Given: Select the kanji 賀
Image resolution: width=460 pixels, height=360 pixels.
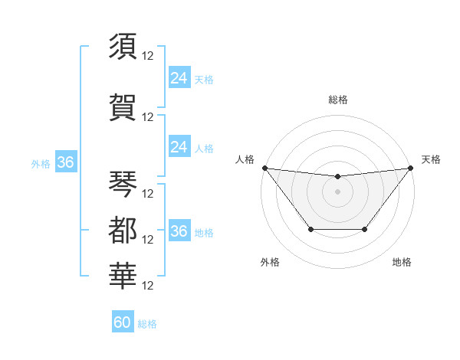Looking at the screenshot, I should click(123, 107).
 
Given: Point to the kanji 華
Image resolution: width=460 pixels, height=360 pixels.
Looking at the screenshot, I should click(123, 275).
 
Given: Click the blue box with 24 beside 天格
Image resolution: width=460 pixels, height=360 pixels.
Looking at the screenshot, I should click(179, 78).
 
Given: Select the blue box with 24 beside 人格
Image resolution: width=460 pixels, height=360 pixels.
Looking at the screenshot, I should click(179, 147).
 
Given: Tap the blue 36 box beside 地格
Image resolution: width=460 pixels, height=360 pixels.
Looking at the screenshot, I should click(179, 231).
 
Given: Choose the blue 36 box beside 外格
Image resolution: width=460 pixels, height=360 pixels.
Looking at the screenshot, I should click(65, 162).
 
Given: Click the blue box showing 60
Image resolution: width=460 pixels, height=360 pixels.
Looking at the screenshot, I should click(123, 322).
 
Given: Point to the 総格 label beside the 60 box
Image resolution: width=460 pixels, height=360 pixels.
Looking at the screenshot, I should click(147, 324).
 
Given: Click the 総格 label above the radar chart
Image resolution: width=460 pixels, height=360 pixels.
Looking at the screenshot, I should click(337, 100).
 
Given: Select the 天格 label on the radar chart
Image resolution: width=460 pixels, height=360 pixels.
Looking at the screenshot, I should click(431, 159).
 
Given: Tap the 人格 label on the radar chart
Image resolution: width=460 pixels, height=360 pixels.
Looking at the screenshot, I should click(245, 159).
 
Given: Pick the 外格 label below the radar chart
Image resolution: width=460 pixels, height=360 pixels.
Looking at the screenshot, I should click(270, 262).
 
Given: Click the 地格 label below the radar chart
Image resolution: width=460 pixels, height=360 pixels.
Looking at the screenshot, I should click(402, 262).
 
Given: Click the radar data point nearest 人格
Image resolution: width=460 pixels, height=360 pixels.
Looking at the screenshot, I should click(264, 168).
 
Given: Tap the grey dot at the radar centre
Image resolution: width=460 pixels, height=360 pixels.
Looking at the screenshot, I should click(337, 191).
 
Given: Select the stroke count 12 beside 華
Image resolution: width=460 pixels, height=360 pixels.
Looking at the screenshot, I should click(149, 286).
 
